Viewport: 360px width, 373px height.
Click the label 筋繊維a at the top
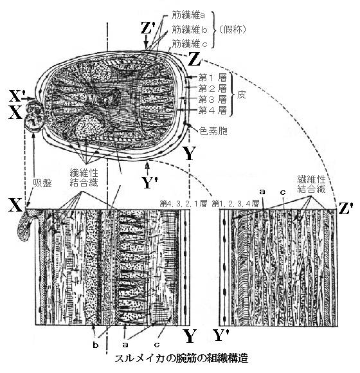coord(188,15)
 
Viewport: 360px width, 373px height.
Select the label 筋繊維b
coord(190,30)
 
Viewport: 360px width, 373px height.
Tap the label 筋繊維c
coord(190,44)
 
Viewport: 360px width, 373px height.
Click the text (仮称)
coord(232,30)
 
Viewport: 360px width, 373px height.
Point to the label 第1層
coord(213,78)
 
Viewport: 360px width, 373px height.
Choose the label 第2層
coord(213,89)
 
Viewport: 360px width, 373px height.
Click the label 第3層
coord(213,100)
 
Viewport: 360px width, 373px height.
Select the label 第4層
coord(213,111)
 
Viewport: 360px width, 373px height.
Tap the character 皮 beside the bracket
coord(241,95)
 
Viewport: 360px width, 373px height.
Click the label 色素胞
coord(213,131)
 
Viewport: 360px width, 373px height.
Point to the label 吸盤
coord(42,183)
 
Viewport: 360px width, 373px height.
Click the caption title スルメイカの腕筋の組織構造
coord(181,358)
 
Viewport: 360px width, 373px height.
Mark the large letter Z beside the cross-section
coord(194,59)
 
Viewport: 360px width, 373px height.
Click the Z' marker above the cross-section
coord(146,28)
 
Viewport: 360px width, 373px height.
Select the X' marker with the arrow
coord(17,96)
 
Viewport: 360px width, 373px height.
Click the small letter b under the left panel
coord(96,345)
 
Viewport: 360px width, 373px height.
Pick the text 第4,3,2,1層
coord(183,204)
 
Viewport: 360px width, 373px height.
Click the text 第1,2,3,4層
coord(235,204)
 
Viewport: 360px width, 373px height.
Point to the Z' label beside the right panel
coord(345,208)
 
